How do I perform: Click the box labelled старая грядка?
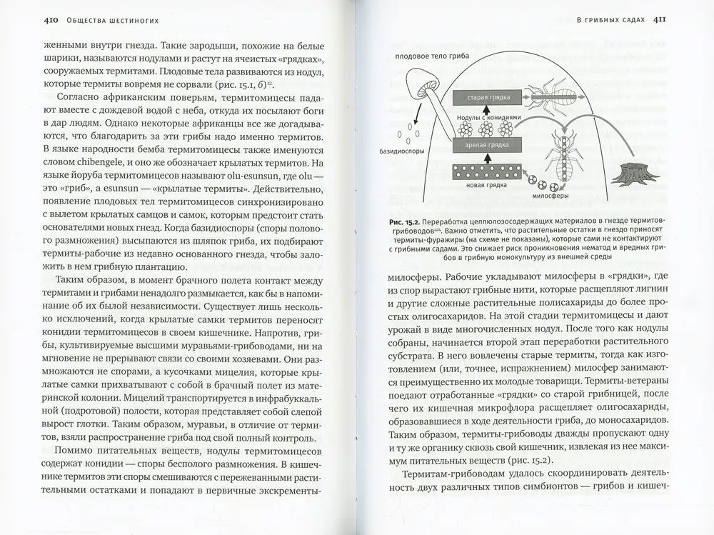[x=488, y=96]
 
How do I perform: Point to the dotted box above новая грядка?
[x=488, y=172]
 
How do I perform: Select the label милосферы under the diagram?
[x=549, y=194]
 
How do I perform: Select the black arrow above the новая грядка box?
[x=488, y=159]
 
